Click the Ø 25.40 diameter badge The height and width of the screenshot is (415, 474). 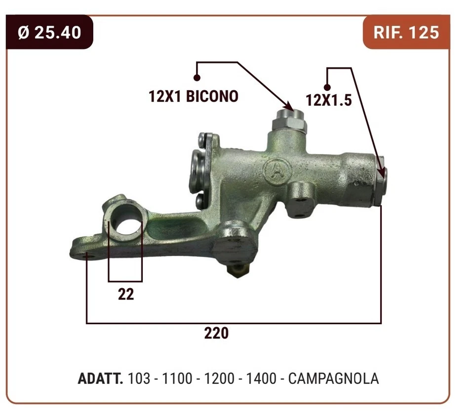(x=49, y=33)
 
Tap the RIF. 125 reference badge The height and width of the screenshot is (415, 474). (x=406, y=33)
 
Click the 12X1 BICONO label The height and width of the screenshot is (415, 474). (x=194, y=96)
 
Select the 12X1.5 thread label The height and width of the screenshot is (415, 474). (x=329, y=100)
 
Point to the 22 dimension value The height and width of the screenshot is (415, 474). (x=126, y=294)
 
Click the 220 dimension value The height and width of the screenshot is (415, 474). (x=217, y=333)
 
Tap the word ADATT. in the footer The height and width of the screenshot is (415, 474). (x=101, y=378)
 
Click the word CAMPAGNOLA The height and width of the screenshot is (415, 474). (x=333, y=378)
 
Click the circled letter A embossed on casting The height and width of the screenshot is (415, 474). (x=276, y=170)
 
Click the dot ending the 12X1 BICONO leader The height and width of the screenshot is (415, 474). (x=197, y=77)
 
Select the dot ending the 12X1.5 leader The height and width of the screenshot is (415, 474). (x=326, y=87)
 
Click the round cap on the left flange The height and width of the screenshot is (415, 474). (x=196, y=166)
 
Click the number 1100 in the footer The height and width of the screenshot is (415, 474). (x=177, y=378)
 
